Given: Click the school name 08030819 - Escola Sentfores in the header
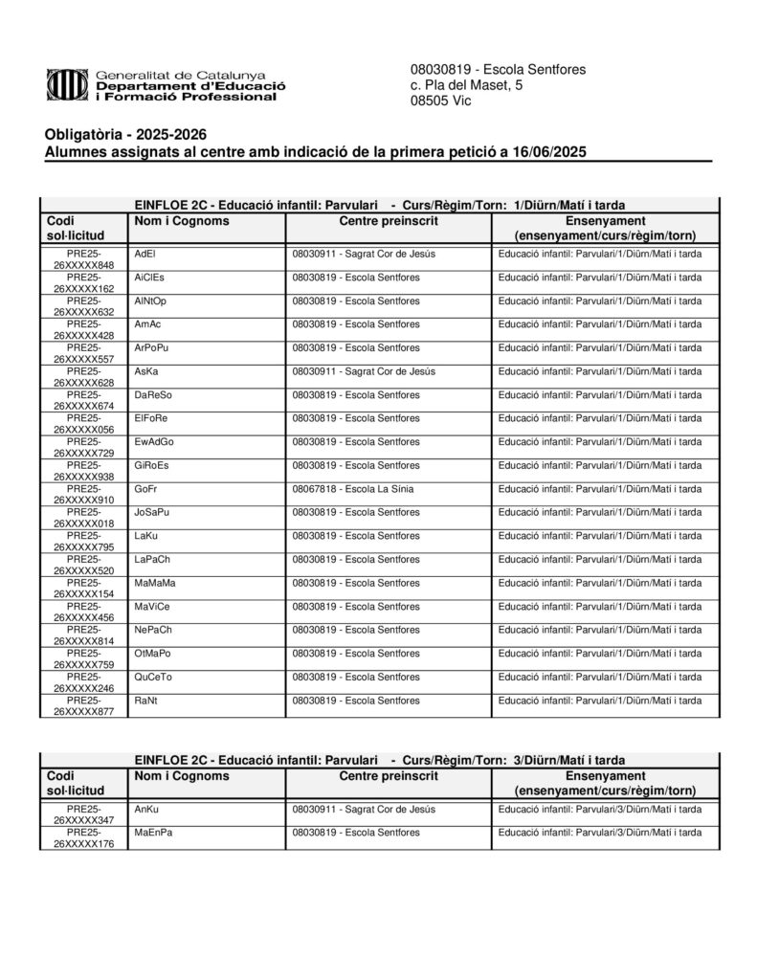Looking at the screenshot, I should tap(498, 70).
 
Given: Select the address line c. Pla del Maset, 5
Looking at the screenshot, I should tap(466, 85).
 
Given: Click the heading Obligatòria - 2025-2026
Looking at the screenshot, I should tap(125, 134).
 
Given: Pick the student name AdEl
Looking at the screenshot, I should tap(145, 254).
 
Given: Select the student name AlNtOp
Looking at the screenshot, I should tap(150, 301).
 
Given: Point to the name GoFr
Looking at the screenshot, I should tap(146, 488).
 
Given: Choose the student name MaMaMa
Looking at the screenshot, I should tap(154, 583).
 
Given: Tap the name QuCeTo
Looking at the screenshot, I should tap(153, 677).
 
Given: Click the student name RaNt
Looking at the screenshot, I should tap(145, 701).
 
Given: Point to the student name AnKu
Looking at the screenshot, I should tap(146, 810).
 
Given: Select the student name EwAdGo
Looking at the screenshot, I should tap(154, 441).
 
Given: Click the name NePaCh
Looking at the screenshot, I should tap(153, 630).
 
